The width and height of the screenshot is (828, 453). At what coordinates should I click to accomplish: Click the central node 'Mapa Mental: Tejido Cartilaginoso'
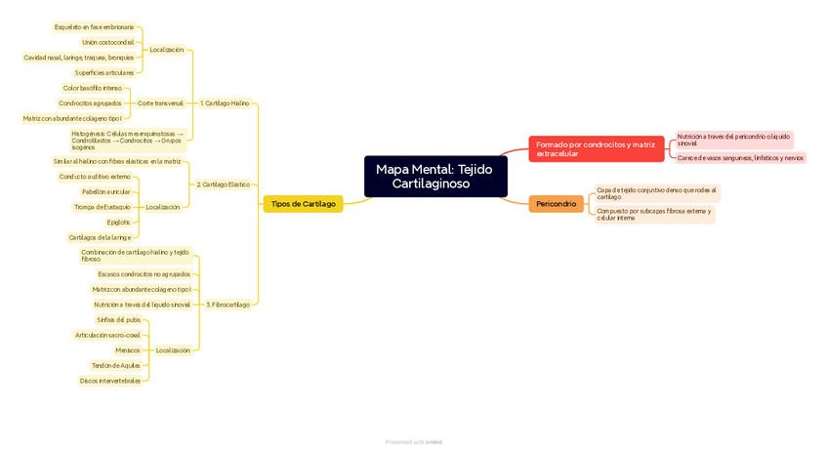(x=435, y=177)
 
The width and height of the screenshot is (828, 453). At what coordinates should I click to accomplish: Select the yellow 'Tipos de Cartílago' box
(x=303, y=204)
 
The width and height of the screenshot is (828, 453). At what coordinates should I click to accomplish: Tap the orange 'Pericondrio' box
(x=556, y=204)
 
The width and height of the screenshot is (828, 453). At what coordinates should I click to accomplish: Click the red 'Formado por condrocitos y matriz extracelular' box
(x=596, y=148)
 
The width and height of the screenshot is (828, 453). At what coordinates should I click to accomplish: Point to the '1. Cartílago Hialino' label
(x=225, y=103)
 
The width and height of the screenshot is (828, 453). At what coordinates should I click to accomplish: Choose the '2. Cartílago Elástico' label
(x=223, y=184)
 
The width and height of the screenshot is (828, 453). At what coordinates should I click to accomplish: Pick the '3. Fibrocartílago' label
(x=228, y=305)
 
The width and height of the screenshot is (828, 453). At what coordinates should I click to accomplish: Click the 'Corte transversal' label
(x=160, y=103)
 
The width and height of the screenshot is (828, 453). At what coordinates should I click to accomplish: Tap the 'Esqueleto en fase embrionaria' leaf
(x=94, y=27)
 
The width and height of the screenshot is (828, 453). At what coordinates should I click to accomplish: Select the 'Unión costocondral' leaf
(x=107, y=42)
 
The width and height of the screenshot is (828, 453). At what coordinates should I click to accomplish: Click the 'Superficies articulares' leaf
(x=104, y=72)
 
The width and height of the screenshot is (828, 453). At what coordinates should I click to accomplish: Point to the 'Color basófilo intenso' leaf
(x=92, y=88)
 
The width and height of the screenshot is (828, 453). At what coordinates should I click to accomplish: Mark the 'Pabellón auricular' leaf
(x=105, y=192)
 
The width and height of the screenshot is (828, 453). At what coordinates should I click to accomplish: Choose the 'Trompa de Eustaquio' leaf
(x=103, y=207)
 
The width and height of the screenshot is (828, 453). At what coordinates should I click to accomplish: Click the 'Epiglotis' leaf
(x=118, y=223)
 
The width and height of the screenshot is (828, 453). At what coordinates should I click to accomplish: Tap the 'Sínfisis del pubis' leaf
(x=118, y=319)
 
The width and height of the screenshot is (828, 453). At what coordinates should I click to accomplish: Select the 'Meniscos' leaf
(x=128, y=350)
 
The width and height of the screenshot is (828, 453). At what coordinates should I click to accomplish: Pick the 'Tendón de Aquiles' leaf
(x=115, y=365)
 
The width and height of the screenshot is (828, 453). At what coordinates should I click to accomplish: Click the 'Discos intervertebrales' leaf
(x=110, y=381)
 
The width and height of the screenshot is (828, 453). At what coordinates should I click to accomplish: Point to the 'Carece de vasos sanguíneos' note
(x=740, y=157)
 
